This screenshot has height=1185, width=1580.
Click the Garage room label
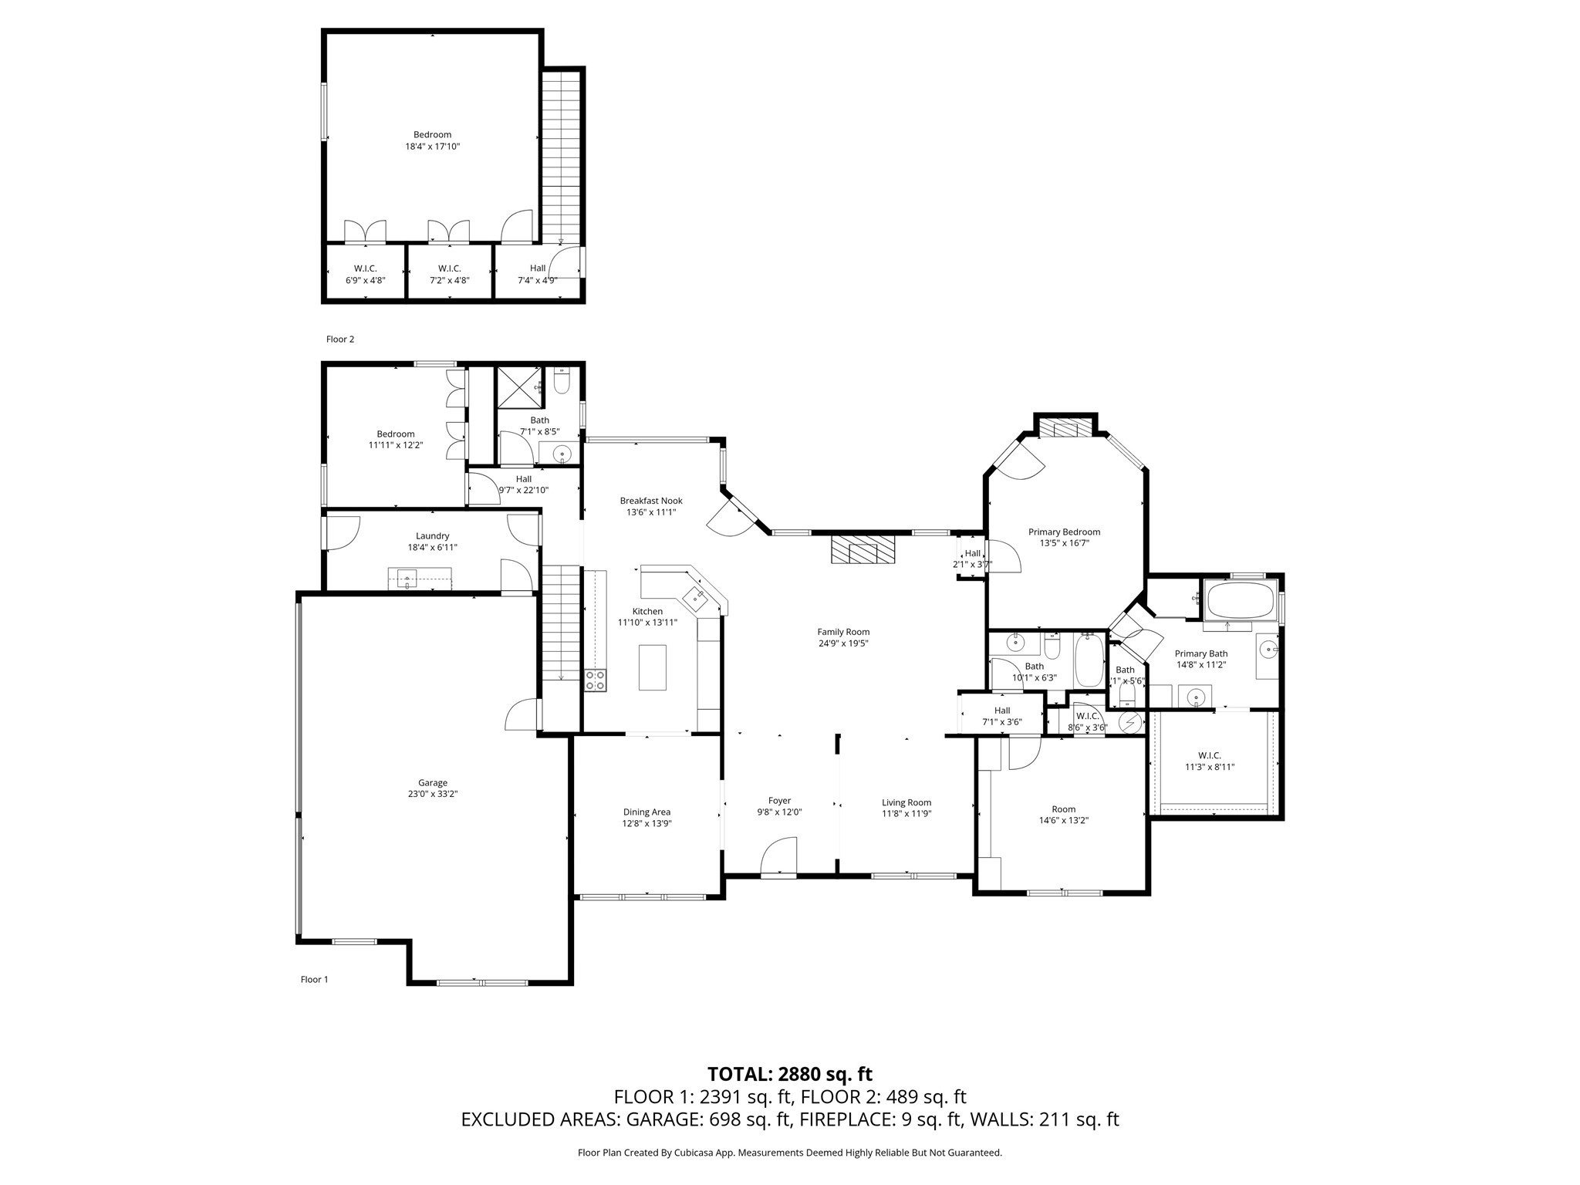pyautogui.click(x=433, y=782)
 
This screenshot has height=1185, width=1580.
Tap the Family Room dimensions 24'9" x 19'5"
pyautogui.click(x=843, y=643)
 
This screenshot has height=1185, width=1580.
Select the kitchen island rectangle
pyautogui.click(x=652, y=667)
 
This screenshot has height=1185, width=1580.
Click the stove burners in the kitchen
pyautogui.click(x=596, y=680)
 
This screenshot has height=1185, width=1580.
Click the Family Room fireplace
pyautogui.click(x=863, y=551)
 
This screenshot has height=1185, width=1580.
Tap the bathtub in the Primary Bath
pyautogui.click(x=1241, y=602)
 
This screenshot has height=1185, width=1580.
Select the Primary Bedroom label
pyautogui.click(x=1064, y=532)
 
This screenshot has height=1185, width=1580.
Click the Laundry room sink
pyautogui.click(x=407, y=576)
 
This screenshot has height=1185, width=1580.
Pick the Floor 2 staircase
pyautogui.click(x=561, y=154)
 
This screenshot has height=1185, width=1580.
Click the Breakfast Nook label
pyautogui.click(x=651, y=501)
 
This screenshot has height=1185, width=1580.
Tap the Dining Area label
pyautogui.click(x=647, y=812)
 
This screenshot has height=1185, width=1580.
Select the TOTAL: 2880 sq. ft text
pyautogui.click(x=790, y=1074)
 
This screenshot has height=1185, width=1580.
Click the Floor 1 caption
pyautogui.click(x=315, y=979)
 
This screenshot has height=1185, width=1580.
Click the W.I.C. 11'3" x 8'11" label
pyautogui.click(x=1209, y=755)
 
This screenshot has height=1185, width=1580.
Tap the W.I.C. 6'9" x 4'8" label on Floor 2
pyautogui.click(x=365, y=268)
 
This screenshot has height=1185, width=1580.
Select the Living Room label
pyautogui.click(x=906, y=802)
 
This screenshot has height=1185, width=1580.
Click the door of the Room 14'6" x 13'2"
pyautogui.click(x=1023, y=752)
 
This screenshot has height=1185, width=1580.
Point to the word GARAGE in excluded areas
pyautogui.click(x=664, y=1119)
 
